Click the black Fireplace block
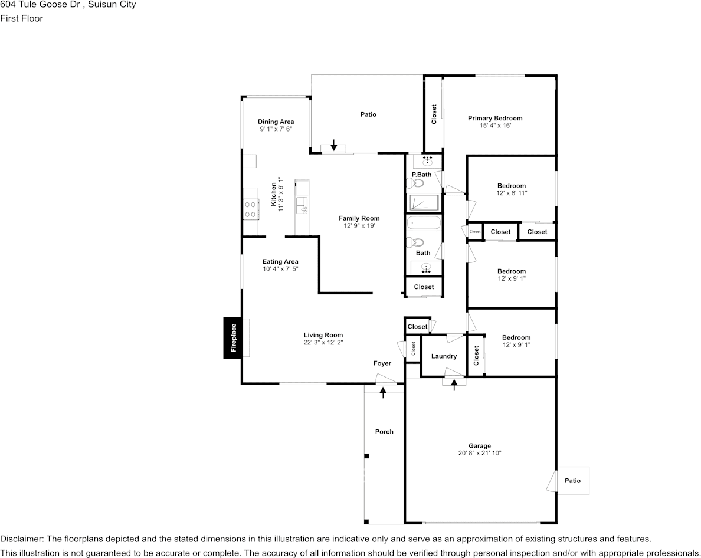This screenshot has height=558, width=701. [x=233, y=337]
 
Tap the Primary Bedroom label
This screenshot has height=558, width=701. [x=495, y=118]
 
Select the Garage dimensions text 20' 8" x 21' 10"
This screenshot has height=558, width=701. [x=480, y=453]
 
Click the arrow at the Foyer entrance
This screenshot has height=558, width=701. [x=383, y=391]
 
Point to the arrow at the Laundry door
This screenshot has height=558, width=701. [x=454, y=385]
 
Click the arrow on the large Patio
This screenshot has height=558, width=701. [x=334, y=145]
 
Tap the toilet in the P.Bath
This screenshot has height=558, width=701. [x=417, y=183]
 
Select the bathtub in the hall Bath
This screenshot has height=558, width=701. [x=424, y=224]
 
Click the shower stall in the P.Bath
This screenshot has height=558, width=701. [x=424, y=203]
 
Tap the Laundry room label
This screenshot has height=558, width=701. [x=444, y=356]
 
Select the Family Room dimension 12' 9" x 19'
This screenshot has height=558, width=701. [x=359, y=225]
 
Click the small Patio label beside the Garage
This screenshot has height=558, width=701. [x=572, y=481]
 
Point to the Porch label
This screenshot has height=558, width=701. [x=384, y=432]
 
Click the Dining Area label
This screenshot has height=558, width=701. [x=276, y=122]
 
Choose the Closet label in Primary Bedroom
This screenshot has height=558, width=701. [x=434, y=114]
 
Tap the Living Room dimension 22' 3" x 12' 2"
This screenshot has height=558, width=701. [x=323, y=342]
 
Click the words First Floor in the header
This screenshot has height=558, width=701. [x=22, y=18]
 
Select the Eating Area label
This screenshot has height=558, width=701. [x=280, y=261]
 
